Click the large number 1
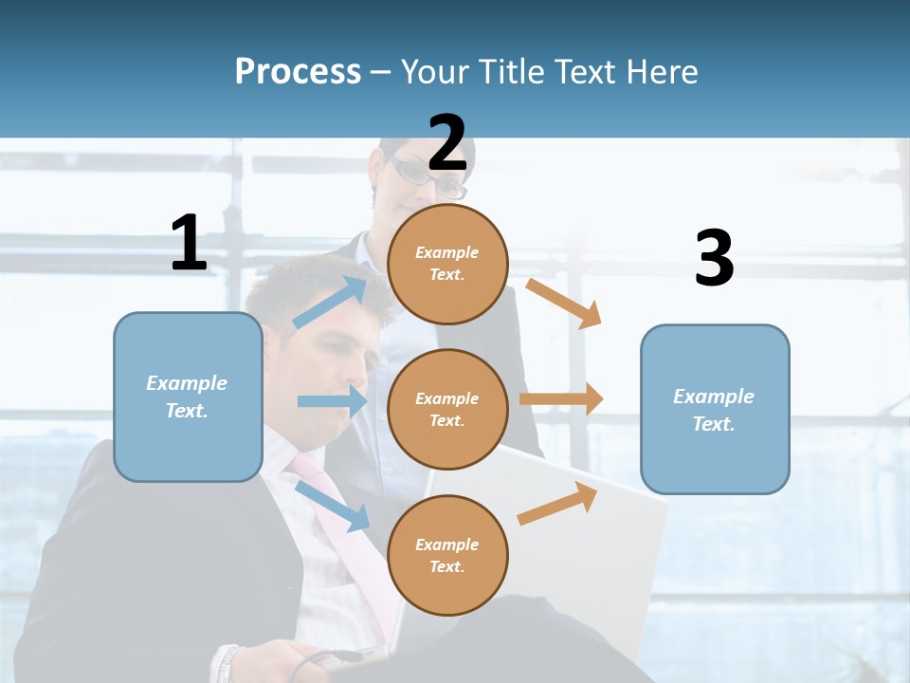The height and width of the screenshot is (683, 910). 189,244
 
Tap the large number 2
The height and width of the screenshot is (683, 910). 447,143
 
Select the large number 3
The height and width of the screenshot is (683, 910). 714,259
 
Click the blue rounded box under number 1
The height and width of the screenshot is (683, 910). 188,397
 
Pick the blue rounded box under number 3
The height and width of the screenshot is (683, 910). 715,409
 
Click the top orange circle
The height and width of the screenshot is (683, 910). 447,264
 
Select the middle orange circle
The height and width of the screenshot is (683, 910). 447,409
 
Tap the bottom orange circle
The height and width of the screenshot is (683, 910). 447,555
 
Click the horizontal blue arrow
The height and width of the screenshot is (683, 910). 332,401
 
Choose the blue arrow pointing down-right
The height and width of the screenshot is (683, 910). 332,506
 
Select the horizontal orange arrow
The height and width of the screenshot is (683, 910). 561,399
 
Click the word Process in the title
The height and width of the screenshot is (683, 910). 298,71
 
